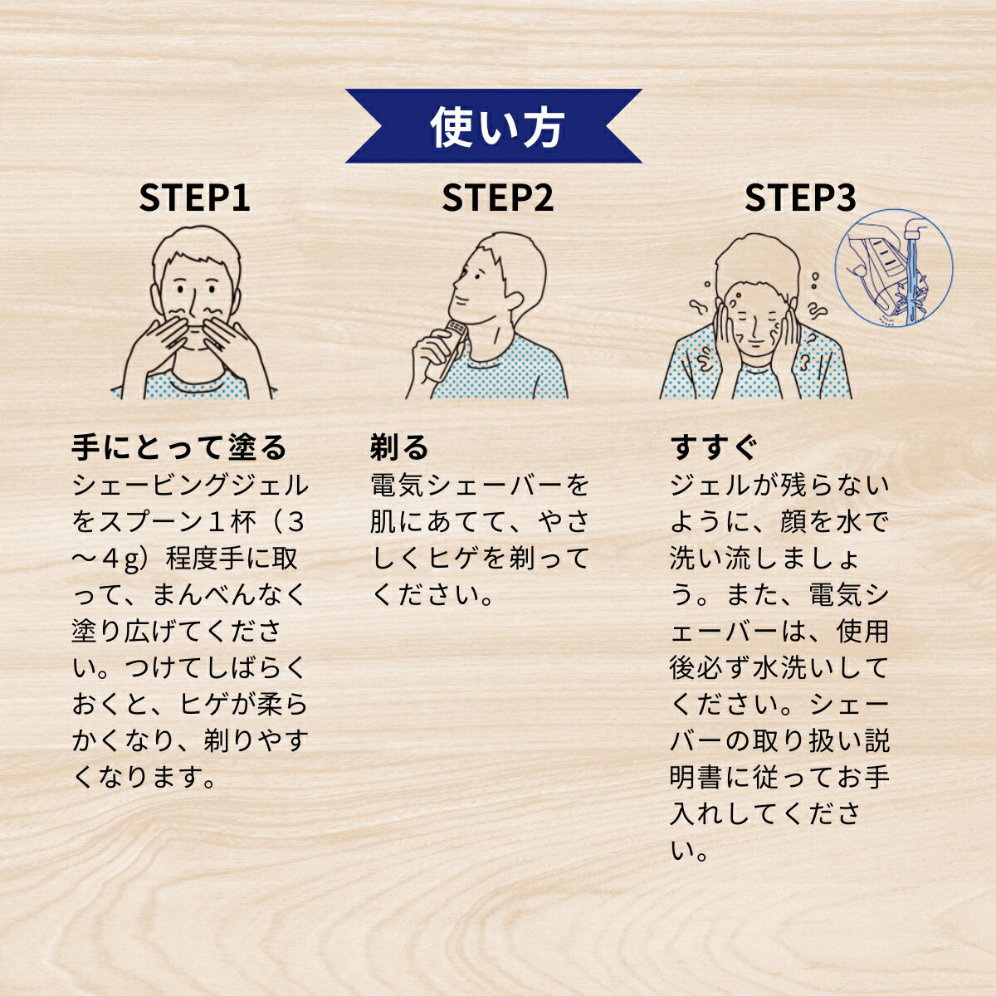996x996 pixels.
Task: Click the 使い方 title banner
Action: tap(495, 126)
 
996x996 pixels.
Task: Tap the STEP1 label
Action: tap(194, 198)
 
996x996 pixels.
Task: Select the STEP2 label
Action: tap(497, 198)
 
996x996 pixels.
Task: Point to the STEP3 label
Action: tap(800, 198)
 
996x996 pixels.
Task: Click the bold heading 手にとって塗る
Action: tap(179, 447)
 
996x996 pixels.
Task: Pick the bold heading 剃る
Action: tap(399, 447)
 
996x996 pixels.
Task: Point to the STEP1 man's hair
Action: tap(197, 249)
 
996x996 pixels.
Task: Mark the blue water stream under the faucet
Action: tap(913, 274)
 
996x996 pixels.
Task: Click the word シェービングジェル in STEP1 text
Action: tap(190, 485)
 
